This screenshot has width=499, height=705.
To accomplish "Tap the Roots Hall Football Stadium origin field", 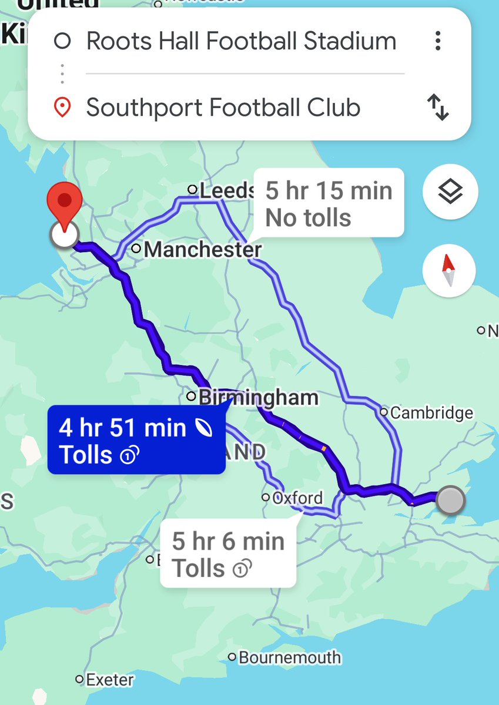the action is [241, 41].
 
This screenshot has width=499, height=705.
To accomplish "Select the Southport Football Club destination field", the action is [223, 108].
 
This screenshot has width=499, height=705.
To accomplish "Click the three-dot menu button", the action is [437, 41].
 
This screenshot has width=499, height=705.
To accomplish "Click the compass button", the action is [450, 271].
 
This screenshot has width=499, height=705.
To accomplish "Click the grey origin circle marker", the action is [451, 501].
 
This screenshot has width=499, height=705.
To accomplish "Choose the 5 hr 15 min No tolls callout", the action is [329, 204].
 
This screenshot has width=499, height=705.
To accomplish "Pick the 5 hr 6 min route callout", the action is [228, 554].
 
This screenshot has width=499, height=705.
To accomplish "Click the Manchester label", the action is [202, 250].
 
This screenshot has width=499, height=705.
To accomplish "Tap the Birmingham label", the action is [259, 398].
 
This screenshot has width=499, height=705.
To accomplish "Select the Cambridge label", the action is [431, 413].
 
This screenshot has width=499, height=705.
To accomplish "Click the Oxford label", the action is [298, 498].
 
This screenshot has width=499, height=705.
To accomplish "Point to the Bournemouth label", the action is [289, 657].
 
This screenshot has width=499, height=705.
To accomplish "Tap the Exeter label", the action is [109, 680].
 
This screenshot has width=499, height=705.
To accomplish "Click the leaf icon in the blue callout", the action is [203, 428].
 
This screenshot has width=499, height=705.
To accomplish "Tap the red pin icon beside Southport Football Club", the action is [62, 108].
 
